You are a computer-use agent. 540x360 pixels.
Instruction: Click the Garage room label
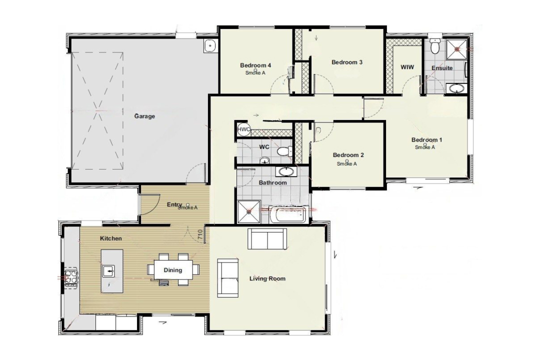coord(144,116)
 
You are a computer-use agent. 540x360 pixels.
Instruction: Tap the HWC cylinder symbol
coord(244,129)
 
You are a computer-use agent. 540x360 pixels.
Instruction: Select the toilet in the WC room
coord(284,151)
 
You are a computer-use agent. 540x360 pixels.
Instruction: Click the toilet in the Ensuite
coord(435,46)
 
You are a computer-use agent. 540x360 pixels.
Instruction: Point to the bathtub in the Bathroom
coord(289,214)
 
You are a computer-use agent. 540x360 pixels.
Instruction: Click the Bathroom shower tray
coord(248,211)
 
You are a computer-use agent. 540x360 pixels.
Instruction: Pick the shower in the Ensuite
coord(456,49)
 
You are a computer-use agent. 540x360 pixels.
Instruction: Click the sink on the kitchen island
coord(109,271)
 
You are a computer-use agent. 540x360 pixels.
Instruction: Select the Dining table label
coord(172,270)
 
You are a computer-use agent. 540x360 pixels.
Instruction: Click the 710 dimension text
coord(200,235)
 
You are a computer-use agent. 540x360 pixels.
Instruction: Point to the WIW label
coord(407,67)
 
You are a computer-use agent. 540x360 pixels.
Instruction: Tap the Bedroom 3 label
coord(347,62)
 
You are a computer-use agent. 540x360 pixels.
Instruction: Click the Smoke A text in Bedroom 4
coord(255,72)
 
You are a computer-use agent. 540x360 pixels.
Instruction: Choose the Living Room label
coord(267,278)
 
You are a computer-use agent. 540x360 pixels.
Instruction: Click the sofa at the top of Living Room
coord(267,238)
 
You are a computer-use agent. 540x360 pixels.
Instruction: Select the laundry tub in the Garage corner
coord(209,46)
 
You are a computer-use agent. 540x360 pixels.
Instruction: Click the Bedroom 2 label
coord(348,155)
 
